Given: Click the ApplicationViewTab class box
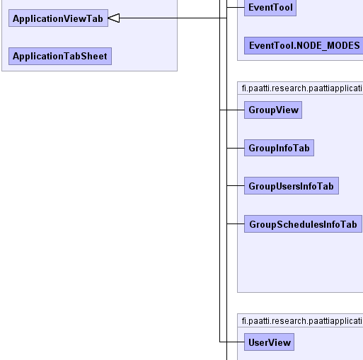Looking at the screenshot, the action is [x=58, y=18].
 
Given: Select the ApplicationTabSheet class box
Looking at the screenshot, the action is [x=60, y=56].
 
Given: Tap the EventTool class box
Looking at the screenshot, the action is [x=270, y=8].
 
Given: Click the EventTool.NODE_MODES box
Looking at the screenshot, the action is [x=304, y=45].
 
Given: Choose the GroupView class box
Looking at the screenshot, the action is [x=273, y=110].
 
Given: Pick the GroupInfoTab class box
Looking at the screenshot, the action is [x=279, y=148].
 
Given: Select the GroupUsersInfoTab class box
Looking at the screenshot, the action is [x=292, y=186].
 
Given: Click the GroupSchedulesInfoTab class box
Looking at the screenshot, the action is [x=303, y=223].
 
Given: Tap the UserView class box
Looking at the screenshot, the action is [x=269, y=342].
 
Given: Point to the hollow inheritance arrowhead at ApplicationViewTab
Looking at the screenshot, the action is [x=114, y=18].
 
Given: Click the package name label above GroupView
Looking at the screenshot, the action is [x=302, y=88].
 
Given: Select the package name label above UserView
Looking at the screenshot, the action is [x=302, y=321].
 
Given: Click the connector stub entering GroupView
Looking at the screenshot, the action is [x=232, y=110].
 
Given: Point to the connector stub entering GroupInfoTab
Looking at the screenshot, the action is [x=236, y=148].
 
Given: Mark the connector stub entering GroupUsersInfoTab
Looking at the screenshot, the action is [x=236, y=186].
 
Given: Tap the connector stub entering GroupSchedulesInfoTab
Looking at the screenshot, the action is [x=236, y=223].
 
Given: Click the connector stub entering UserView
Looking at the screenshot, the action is [x=232, y=342].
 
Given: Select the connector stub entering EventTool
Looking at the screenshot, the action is [x=236, y=8].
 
